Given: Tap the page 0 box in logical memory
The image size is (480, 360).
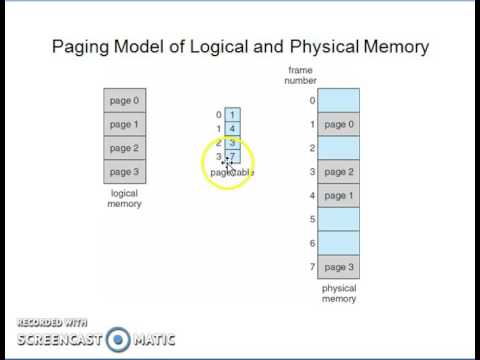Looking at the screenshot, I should (x=124, y=100).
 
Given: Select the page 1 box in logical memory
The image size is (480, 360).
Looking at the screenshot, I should (x=124, y=124).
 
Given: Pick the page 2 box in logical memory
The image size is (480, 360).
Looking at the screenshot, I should (x=124, y=148).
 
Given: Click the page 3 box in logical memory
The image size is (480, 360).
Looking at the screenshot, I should (x=124, y=172).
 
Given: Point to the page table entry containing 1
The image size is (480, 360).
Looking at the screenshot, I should (x=232, y=115).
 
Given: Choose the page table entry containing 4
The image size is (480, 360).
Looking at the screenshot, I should (x=232, y=129).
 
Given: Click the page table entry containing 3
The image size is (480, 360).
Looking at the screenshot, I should (x=232, y=143).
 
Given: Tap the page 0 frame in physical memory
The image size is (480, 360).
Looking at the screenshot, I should (x=339, y=124).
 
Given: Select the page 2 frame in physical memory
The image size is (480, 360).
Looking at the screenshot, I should (x=339, y=172).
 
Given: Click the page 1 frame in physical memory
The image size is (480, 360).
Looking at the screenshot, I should (x=339, y=196).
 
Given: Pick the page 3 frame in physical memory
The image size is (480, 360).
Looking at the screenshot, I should (x=339, y=267).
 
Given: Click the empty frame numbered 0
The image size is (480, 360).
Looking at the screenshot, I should (x=339, y=100).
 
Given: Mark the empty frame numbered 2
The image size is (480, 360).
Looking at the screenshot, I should (x=339, y=148).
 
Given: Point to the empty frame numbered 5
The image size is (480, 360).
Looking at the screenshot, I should (x=339, y=219).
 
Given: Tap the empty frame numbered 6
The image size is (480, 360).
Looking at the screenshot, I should (x=339, y=243).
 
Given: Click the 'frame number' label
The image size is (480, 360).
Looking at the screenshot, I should (x=301, y=76).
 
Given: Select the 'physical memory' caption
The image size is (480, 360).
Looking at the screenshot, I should (x=339, y=293).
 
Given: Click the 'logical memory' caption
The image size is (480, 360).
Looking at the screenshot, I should (x=124, y=198).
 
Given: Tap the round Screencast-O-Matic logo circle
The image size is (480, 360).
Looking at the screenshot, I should (x=119, y=339).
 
